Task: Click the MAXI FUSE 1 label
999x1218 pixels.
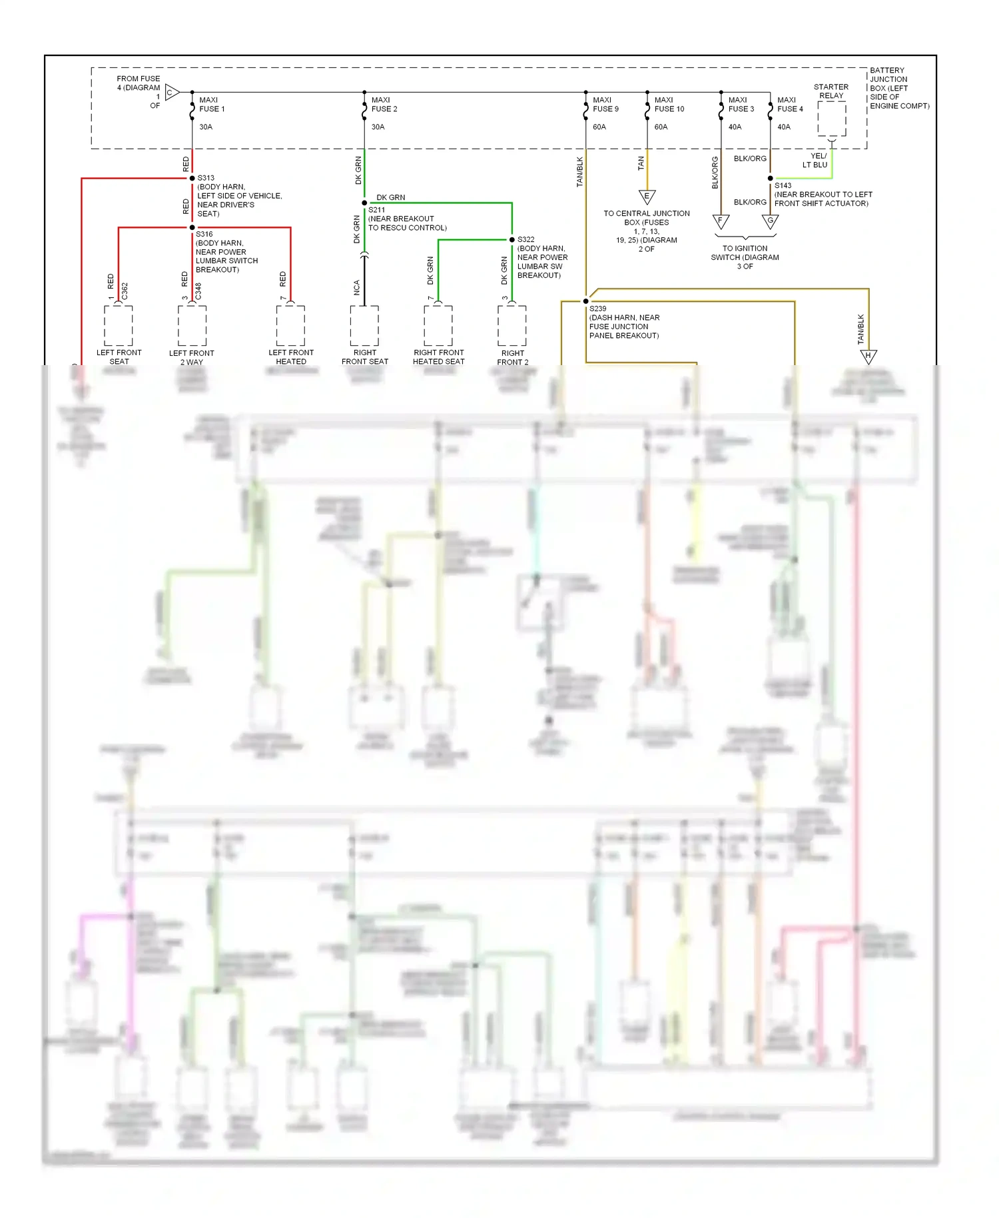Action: tap(212, 105)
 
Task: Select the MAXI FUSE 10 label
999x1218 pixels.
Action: tap(669, 105)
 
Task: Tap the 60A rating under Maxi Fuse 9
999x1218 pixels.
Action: tap(599, 127)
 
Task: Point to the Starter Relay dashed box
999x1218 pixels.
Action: tap(831, 119)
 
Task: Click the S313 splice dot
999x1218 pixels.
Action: tap(192, 178)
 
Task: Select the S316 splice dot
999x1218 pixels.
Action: tap(192, 227)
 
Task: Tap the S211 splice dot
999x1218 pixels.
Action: tap(364, 203)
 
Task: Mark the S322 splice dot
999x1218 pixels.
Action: tap(511, 239)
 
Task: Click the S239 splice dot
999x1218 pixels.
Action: tap(586, 301)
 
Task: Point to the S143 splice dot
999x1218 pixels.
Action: tap(771, 179)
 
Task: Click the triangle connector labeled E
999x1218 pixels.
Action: tap(647, 197)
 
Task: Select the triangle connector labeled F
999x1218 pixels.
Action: tap(721, 221)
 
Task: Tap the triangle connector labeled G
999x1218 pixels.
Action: tap(771, 221)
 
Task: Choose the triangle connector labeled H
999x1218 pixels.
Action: tap(868, 356)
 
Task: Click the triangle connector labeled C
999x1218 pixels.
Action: tap(171, 93)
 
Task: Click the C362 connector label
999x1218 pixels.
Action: tap(125, 291)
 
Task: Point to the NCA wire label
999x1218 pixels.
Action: tap(357, 288)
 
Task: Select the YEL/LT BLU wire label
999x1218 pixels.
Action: tap(815, 161)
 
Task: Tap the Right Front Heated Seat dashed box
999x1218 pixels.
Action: tap(438, 326)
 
